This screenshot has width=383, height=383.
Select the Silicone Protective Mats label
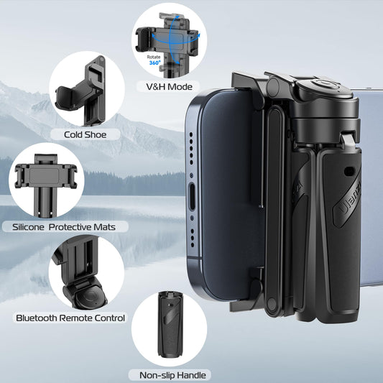tap(69, 226)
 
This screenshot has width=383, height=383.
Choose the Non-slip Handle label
tap(168, 374)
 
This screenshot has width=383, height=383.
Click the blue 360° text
tap(154, 63)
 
